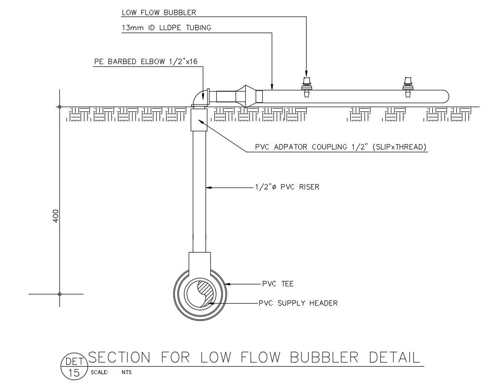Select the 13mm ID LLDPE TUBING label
coord(166,28)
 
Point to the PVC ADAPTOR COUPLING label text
coord(341,147)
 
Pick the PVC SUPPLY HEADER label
coord(298,303)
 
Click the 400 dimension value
coord(55,216)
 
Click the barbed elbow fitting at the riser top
coord(200,97)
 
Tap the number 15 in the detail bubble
coord(74,373)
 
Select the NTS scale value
coord(126,373)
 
